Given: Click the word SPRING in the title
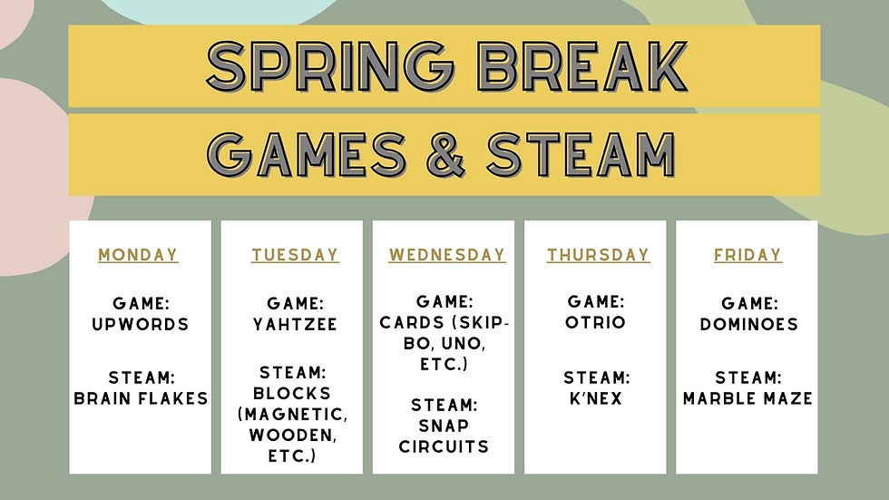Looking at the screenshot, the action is (330, 65).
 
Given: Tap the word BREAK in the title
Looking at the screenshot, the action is (582, 65).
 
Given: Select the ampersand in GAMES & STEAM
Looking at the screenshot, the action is (446, 154).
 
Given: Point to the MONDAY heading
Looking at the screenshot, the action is (138, 255).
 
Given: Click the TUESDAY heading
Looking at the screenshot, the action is (295, 255).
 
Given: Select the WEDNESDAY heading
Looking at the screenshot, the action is (446, 255).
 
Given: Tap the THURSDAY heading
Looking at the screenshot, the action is (598, 255).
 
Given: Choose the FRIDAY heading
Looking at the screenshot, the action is (747, 255).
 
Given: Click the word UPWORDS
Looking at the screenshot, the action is (141, 324).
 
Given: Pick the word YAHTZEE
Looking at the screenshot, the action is (295, 324).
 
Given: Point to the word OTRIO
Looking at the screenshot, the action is (595, 322).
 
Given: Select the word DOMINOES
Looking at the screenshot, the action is (749, 324).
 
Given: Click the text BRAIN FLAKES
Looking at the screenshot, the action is (142, 398).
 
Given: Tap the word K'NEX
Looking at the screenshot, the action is (596, 398).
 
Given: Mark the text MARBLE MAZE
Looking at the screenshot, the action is (747, 398).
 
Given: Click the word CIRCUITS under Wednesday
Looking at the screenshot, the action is (444, 446).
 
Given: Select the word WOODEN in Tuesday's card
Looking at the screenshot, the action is (292, 436).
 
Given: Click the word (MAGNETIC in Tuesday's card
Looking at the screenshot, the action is (292, 415).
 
